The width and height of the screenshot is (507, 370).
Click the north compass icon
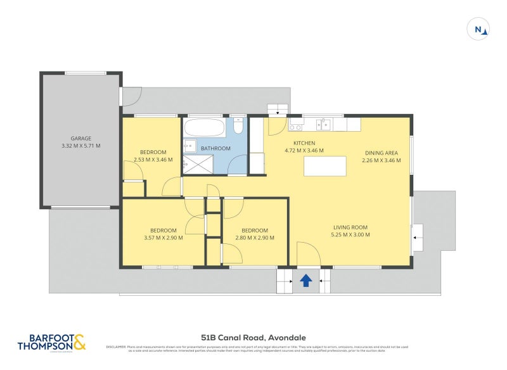(479, 29)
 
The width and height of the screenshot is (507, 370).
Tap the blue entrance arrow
(306, 279)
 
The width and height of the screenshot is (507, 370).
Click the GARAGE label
(80, 138)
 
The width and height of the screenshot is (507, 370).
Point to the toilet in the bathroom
(238, 126)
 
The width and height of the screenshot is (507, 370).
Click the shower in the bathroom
(198, 165)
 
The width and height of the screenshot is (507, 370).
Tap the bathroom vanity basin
(188, 146)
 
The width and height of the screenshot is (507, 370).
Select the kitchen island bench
(325, 166)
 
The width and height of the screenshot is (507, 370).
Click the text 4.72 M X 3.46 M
(304, 151)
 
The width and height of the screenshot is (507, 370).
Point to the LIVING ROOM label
(350, 227)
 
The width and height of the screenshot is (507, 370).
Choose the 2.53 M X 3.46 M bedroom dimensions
(153, 160)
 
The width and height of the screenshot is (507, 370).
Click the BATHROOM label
(215, 149)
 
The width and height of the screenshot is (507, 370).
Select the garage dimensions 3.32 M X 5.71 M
(80, 146)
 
